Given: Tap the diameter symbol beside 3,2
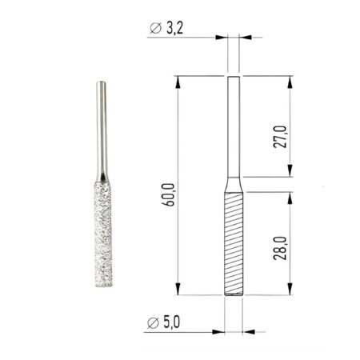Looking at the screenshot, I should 156,30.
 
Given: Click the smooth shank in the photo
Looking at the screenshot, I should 102,128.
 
